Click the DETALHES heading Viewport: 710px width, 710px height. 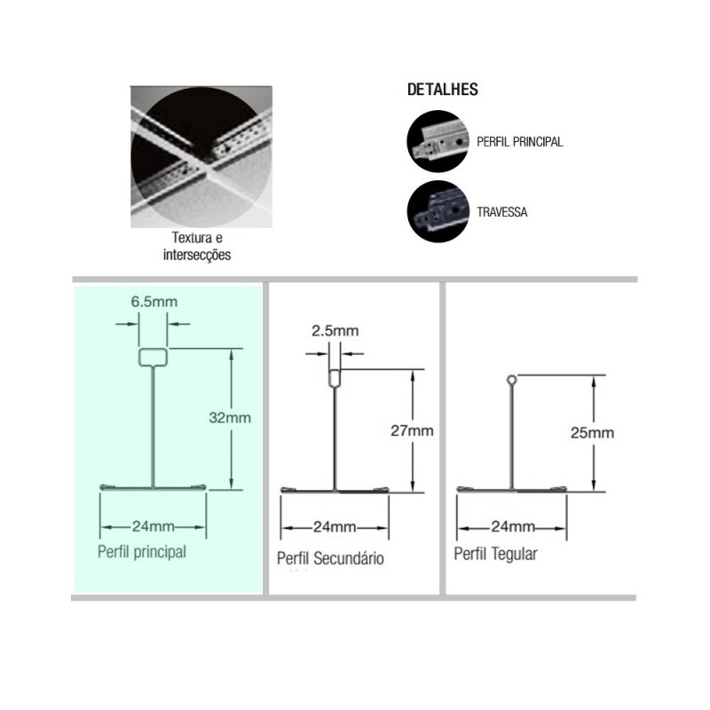(442, 90)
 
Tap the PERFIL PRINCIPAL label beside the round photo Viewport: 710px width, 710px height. (520, 142)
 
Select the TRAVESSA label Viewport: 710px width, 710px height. (502, 212)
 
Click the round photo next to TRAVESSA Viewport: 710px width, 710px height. (438, 212)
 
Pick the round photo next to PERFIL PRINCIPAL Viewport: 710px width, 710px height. (438, 141)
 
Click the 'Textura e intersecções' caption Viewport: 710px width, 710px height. (197, 246)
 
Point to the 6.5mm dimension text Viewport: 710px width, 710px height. (154, 302)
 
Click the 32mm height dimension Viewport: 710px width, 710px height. (230, 417)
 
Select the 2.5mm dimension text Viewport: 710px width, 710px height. (335, 330)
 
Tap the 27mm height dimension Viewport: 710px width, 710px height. (412, 430)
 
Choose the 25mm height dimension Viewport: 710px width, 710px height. (592, 433)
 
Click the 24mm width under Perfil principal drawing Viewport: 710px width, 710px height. (153, 526)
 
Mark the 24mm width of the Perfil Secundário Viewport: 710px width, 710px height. (335, 527)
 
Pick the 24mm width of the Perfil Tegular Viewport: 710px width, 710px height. (513, 526)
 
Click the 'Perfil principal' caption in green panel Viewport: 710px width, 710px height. (142, 552)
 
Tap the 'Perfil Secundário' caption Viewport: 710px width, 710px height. (330, 558)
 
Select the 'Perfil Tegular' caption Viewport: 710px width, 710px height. (496, 554)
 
